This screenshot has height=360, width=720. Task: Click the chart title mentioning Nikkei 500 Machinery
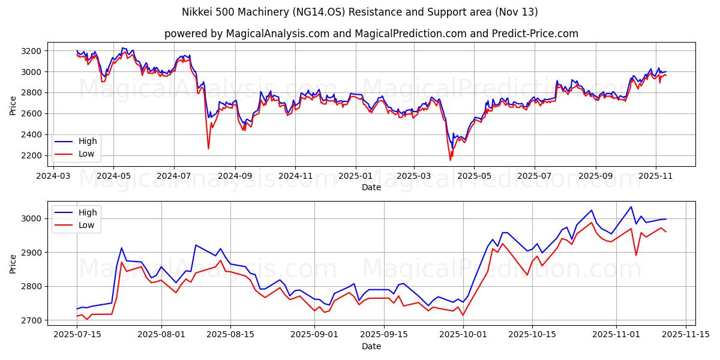[360, 12]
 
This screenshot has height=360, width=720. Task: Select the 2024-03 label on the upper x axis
[54, 176]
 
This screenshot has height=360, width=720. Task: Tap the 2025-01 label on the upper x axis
[355, 176]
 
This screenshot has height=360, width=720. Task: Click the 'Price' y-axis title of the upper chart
[14, 104]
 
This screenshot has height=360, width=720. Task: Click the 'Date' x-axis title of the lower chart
[371, 346]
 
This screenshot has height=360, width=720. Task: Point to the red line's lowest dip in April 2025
[451, 160]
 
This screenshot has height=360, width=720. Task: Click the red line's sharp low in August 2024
[208, 149]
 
